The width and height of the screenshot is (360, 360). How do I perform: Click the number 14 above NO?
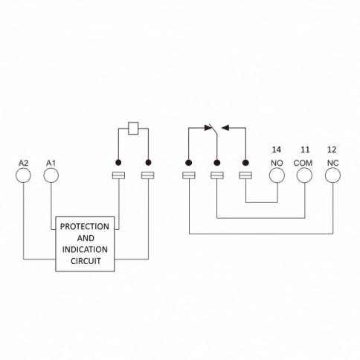277,150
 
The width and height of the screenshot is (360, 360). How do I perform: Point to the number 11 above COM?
305,150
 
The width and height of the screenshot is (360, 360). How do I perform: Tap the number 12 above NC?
332,150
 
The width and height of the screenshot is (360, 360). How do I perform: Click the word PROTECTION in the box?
85,227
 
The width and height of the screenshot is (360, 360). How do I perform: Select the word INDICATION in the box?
85,249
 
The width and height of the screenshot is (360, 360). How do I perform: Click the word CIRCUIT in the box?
86,261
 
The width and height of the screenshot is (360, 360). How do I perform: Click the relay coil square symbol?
133,129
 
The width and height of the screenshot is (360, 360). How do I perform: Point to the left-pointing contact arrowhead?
225,128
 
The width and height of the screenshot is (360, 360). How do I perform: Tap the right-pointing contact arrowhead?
208,128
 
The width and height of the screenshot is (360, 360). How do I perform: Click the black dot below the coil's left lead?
118,163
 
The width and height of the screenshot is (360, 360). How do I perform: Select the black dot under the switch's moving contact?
217,163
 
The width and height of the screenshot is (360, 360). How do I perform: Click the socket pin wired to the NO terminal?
245,176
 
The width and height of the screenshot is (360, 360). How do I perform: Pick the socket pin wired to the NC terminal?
189,176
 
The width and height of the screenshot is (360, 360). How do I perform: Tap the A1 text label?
51,163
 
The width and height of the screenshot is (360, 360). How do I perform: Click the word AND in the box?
86,238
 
